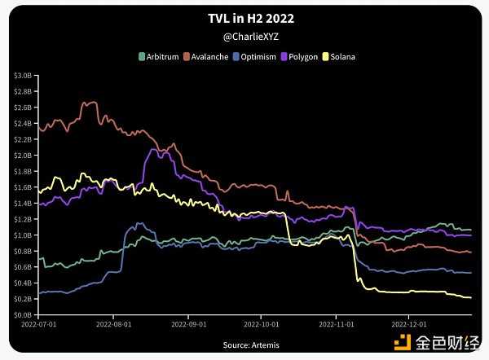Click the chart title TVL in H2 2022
pos(244,18)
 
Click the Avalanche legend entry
pos(209,57)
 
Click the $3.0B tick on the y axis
pos(23,75)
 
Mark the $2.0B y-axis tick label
pos(23,155)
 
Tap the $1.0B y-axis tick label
pos(23,235)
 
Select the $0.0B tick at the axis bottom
pos(23,314)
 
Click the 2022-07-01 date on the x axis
pos(39,323)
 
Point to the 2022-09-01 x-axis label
pos(188,323)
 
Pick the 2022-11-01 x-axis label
pos(336,323)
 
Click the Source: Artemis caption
pos(244,345)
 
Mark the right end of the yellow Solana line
pos(471,297)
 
